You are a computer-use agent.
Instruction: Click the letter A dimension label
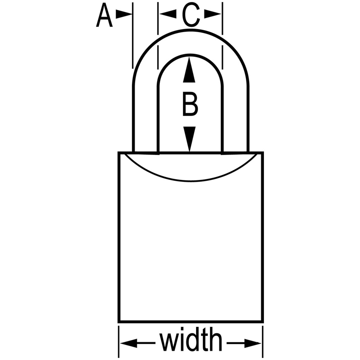point(104,15)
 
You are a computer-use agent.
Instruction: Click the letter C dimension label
point(190,15)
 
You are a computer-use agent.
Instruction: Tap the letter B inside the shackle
point(190,104)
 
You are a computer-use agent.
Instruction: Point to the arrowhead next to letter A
point(124,14)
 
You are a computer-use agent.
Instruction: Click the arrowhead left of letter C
point(168,14)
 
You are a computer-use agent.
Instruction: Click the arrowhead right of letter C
point(213,14)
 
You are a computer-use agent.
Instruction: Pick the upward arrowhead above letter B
point(189,70)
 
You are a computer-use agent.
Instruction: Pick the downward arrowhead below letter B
point(189,139)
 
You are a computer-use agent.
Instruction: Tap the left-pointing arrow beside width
point(138,343)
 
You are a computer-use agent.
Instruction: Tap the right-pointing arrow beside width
point(244,343)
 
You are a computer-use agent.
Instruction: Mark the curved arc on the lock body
point(190,181)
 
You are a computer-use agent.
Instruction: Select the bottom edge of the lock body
point(191,321)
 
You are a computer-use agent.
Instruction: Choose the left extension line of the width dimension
point(118,341)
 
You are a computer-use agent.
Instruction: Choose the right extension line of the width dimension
point(263,341)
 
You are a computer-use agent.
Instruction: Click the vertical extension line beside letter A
point(133,36)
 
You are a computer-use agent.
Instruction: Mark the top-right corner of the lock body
point(263,152)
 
